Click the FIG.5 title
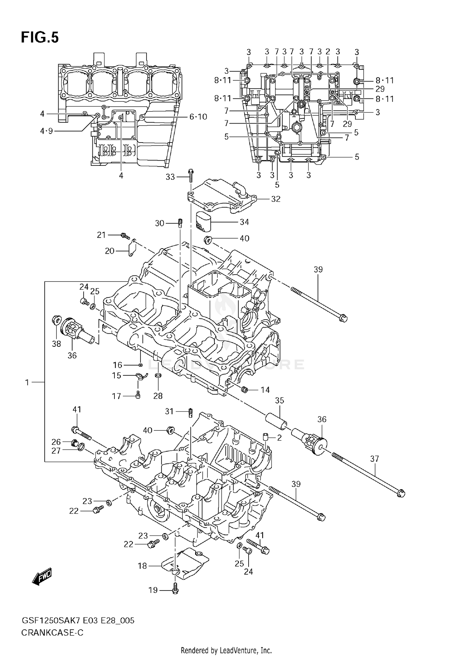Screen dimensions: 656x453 pyautogui.click(x=40, y=38)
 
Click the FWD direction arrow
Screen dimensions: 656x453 pyautogui.click(x=42, y=577)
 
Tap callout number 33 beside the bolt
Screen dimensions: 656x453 pyautogui.click(x=170, y=177)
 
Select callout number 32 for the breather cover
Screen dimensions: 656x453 pyautogui.click(x=275, y=199)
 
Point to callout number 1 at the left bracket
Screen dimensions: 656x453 pyautogui.click(x=27, y=382)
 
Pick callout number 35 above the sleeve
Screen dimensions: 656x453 pyautogui.click(x=279, y=400)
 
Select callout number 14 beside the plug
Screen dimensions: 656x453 pyautogui.click(x=265, y=390)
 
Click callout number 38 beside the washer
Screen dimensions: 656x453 pyautogui.click(x=56, y=344)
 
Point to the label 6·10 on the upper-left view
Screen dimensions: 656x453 pyautogui.click(x=198, y=117)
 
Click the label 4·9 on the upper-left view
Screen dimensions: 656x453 pyautogui.click(x=46, y=131)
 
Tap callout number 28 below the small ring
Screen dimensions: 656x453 pyautogui.click(x=158, y=396)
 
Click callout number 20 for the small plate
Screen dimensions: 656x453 pyautogui.click(x=109, y=251)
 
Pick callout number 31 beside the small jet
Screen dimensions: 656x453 pyautogui.click(x=169, y=411)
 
